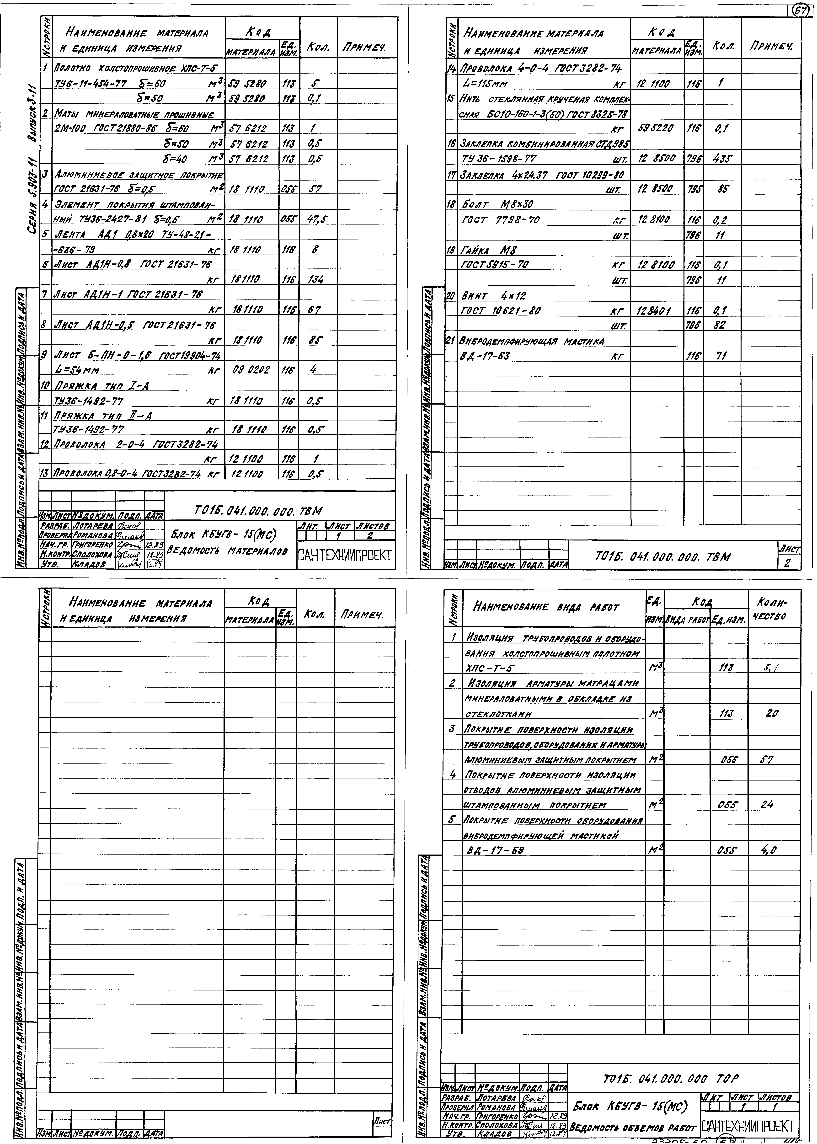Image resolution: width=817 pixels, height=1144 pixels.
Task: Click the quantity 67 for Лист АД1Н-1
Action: (314, 310)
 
